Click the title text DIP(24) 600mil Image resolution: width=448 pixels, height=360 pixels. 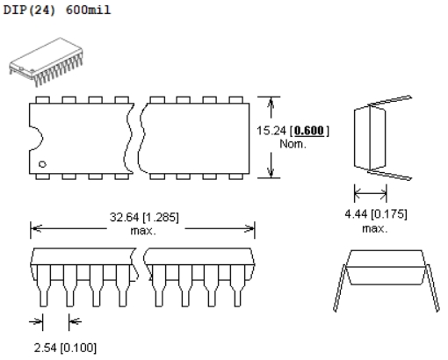pos(57,10)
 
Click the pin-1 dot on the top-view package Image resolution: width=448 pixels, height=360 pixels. pos(42,164)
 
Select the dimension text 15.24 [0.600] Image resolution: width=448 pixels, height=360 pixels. pos(293,131)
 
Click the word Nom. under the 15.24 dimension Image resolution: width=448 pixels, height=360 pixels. pos(293,144)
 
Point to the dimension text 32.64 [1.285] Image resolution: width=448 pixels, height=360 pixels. pos(144,217)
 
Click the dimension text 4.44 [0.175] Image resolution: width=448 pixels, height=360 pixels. pos(376,214)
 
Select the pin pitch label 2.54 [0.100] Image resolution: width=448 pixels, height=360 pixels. pos(65,348)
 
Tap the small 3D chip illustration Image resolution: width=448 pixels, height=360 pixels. pos(46,62)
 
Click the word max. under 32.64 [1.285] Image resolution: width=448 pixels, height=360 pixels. pos(143,231)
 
